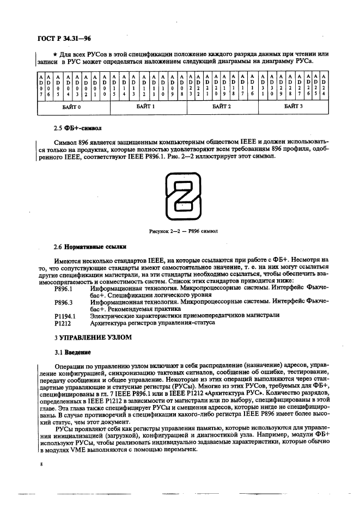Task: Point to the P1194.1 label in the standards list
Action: click(65, 315)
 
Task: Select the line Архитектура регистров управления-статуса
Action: click(152, 322)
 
